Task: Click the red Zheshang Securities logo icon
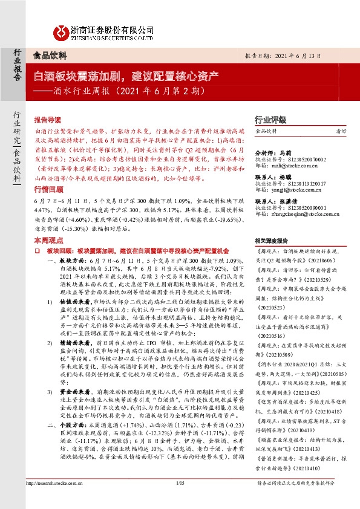pos(62,31)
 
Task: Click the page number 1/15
pos(180,499)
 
